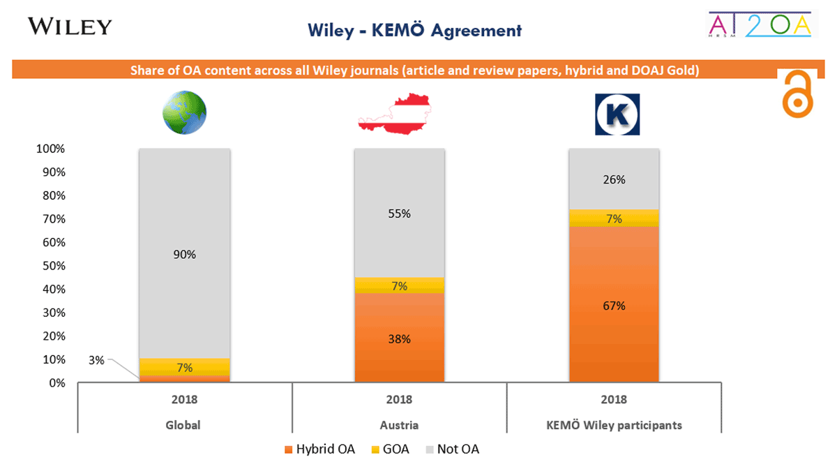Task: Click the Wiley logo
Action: tap(69, 27)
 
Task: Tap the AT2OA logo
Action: tap(760, 25)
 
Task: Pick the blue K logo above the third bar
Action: tap(617, 114)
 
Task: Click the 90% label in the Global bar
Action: tap(185, 255)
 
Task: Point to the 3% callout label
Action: tap(96, 360)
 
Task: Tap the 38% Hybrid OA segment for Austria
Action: tap(400, 339)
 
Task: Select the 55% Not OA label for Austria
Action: tap(400, 214)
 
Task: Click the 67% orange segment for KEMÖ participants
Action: tap(614, 305)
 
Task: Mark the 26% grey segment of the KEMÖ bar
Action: tap(614, 179)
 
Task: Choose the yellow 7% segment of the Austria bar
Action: tap(400, 285)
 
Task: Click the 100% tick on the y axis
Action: tap(51, 149)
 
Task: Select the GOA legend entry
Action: tap(393, 449)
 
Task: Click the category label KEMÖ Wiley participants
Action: tap(614, 425)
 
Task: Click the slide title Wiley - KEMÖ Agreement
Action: tap(414, 31)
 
